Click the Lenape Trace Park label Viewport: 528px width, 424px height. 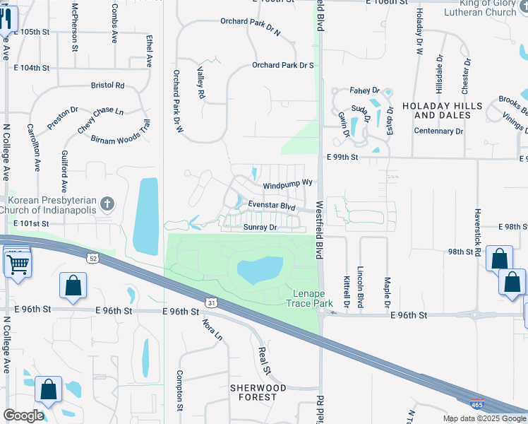[308, 298]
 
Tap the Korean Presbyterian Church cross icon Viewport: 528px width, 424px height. [107, 205]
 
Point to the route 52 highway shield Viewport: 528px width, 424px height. [92, 259]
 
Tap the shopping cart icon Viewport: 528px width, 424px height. [18, 265]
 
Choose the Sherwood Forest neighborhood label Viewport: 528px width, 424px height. [258, 392]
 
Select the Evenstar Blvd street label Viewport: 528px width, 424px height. [271, 206]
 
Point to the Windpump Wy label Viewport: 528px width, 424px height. [287, 184]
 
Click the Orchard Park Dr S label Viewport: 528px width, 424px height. [282, 65]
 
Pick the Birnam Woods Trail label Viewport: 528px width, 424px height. [121, 132]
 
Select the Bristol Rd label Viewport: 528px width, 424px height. [107, 86]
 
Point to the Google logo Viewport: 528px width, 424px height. [23, 416]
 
